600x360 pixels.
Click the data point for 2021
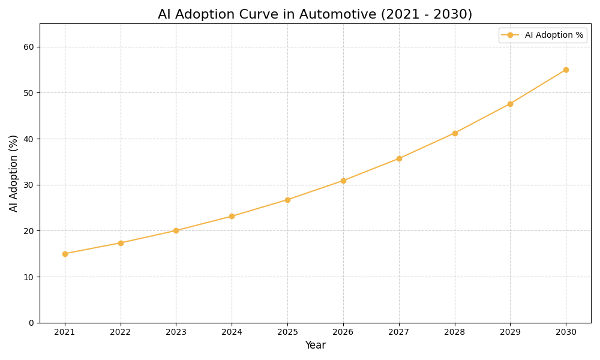[65, 254]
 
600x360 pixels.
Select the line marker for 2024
[232, 216]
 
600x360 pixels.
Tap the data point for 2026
[343, 181]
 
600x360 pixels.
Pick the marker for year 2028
[455, 133]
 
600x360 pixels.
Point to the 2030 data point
[566, 70]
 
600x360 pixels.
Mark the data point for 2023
[176, 230]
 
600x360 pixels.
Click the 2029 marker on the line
[510, 104]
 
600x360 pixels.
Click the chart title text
[315, 14]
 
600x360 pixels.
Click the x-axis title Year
[315, 346]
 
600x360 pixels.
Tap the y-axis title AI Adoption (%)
[14, 173]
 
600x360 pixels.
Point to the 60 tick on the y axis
[29, 47]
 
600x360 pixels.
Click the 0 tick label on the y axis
[31, 323]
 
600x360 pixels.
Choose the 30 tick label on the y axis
[29, 185]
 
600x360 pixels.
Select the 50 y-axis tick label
[29, 93]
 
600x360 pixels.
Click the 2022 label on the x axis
[121, 332]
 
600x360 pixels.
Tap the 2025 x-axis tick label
[287, 332]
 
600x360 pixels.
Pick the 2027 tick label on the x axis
[399, 332]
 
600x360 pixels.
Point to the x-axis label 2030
[566, 332]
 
